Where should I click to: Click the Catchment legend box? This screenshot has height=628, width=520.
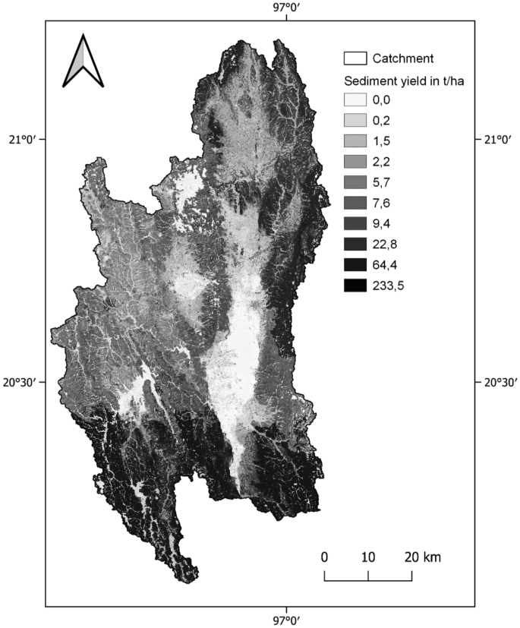pyautogui.click(x=355, y=58)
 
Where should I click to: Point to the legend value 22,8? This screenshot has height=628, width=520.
pyautogui.click(x=385, y=244)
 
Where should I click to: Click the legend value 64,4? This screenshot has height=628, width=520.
pyautogui.click(x=385, y=265)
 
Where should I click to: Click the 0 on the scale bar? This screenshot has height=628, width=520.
pyautogui.click(x=324, y=557)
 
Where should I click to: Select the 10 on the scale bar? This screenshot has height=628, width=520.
pyautogui.click(x=368, y=557)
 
